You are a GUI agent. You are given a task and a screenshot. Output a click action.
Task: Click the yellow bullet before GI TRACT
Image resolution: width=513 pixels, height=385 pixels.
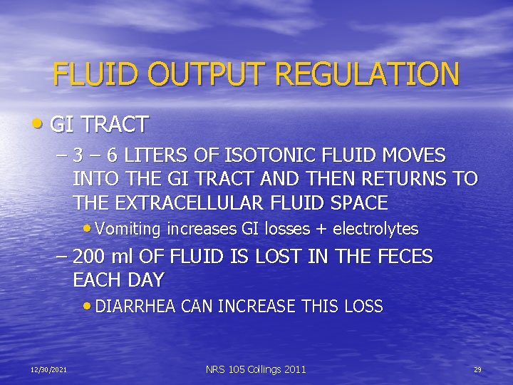point(37,124)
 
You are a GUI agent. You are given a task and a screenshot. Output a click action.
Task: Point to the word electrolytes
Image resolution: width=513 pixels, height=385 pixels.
point(375,229)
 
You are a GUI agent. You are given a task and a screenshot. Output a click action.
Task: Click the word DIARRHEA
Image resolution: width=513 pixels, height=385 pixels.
point(136,307)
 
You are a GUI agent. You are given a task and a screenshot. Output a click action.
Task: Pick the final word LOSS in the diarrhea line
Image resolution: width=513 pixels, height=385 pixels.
point(363,307)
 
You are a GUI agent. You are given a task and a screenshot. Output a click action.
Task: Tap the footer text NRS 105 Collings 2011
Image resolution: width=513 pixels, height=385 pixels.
point(256,369)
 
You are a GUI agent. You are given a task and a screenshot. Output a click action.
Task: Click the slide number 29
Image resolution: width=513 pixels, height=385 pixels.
point(477,369)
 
